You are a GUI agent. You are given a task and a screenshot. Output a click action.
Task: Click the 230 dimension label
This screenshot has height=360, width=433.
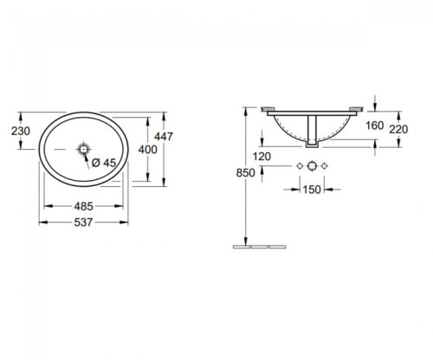coord(21,131)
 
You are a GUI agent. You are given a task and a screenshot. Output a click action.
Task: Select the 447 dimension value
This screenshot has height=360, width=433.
coord(164,136)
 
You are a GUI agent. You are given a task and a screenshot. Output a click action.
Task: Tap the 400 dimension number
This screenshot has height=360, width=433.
coord(147,150)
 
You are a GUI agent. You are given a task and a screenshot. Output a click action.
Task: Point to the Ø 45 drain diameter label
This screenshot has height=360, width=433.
coord(104,163)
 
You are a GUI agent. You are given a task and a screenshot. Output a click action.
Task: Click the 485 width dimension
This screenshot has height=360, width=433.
coord(83,206)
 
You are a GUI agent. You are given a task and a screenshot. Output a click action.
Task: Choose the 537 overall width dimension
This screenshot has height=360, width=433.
coord(83,222)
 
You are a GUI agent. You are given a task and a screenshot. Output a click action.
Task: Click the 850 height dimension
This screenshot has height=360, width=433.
coord(246,173)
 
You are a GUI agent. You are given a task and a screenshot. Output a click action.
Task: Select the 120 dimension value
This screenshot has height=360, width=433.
coord(262,157)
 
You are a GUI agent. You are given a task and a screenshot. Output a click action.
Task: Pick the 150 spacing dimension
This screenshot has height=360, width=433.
coord(312,190)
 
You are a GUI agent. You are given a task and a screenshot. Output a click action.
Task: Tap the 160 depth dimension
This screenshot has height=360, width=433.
coord(374,125)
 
